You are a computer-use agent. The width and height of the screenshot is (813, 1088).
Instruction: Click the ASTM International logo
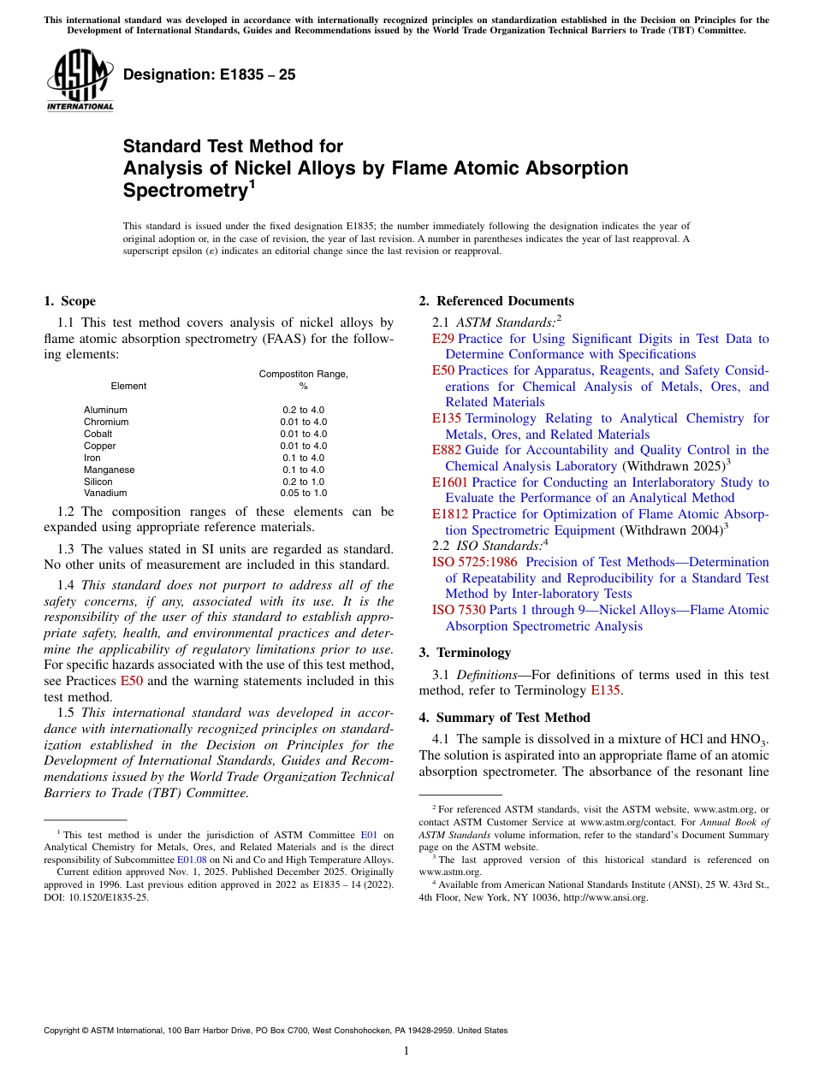tap(80, 81)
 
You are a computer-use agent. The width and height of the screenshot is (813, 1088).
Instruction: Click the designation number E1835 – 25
tap(210, 74)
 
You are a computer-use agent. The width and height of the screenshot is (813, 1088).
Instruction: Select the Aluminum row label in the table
tap(105, 410)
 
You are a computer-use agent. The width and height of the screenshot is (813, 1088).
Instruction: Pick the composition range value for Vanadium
tap(303, 493)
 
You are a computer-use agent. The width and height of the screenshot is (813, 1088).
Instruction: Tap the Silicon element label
tap(98, 482)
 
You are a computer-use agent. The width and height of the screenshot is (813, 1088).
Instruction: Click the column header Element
tap(128, 386)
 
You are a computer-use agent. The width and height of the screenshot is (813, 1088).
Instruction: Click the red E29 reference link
tap(443, 339)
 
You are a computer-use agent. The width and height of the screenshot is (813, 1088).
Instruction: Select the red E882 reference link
tap(447, 450)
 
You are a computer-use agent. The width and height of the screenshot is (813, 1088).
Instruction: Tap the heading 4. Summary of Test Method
tap(504, 717)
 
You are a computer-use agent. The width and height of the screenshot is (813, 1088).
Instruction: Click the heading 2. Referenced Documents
tap(496, 301)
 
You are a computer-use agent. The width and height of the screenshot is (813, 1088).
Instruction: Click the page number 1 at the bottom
tap(406, 1051)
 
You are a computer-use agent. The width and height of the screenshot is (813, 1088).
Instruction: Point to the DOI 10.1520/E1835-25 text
tap(96, 897)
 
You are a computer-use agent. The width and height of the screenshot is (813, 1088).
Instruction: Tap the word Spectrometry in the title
tap(184, 191)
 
